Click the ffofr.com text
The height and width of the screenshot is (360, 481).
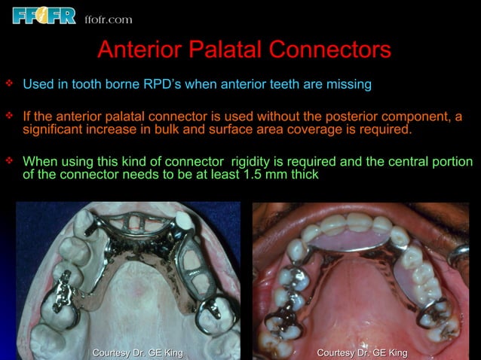click(x=108, y=19)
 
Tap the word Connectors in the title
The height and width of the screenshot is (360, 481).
click(x=330, y=50)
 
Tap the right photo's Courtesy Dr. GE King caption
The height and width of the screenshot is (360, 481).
click(x=363, y=352)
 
